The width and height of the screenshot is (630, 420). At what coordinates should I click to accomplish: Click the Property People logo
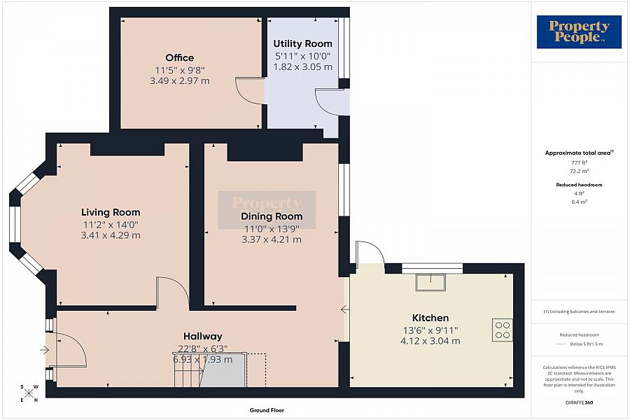579,32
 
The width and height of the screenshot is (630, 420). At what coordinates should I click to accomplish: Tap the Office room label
179,58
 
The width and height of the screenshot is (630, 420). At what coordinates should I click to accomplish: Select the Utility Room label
302,44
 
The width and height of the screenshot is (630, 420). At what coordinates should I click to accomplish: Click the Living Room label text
111,212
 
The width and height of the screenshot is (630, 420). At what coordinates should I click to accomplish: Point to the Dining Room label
272,216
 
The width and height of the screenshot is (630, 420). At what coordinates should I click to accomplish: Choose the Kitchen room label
430,318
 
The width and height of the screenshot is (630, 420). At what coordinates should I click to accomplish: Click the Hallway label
203,336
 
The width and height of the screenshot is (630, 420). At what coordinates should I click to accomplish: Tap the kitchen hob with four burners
503,330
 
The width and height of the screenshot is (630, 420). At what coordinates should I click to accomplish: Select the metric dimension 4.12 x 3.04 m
430,341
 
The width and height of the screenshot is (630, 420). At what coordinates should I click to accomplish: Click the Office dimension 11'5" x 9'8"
179,70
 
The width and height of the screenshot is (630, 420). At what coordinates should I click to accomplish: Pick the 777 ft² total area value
579,162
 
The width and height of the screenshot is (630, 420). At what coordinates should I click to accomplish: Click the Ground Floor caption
267,410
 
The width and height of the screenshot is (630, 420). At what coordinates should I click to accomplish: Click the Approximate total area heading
579,152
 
